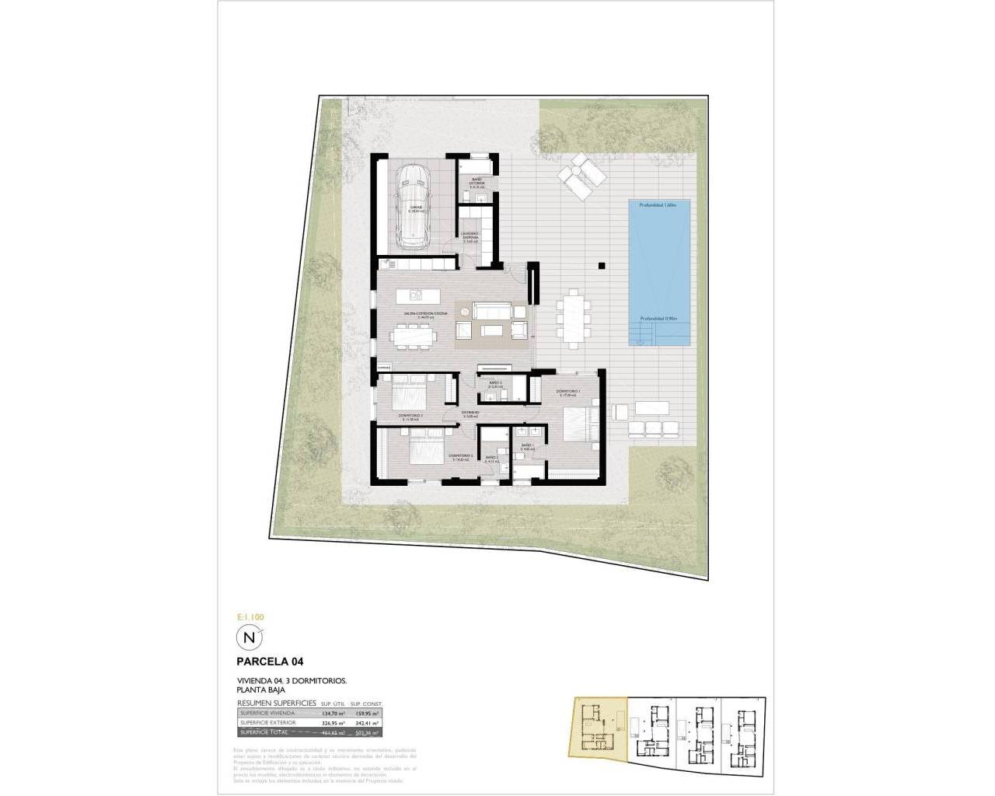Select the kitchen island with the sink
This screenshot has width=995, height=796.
pos(417,295)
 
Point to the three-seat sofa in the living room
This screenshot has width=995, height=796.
pos(491,312)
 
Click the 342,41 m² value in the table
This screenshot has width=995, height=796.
pos(366,721)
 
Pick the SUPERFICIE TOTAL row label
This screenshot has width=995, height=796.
pos(264,732)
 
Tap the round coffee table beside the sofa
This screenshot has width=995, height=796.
pos(464,312)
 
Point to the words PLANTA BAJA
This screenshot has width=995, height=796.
pos(261,690)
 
